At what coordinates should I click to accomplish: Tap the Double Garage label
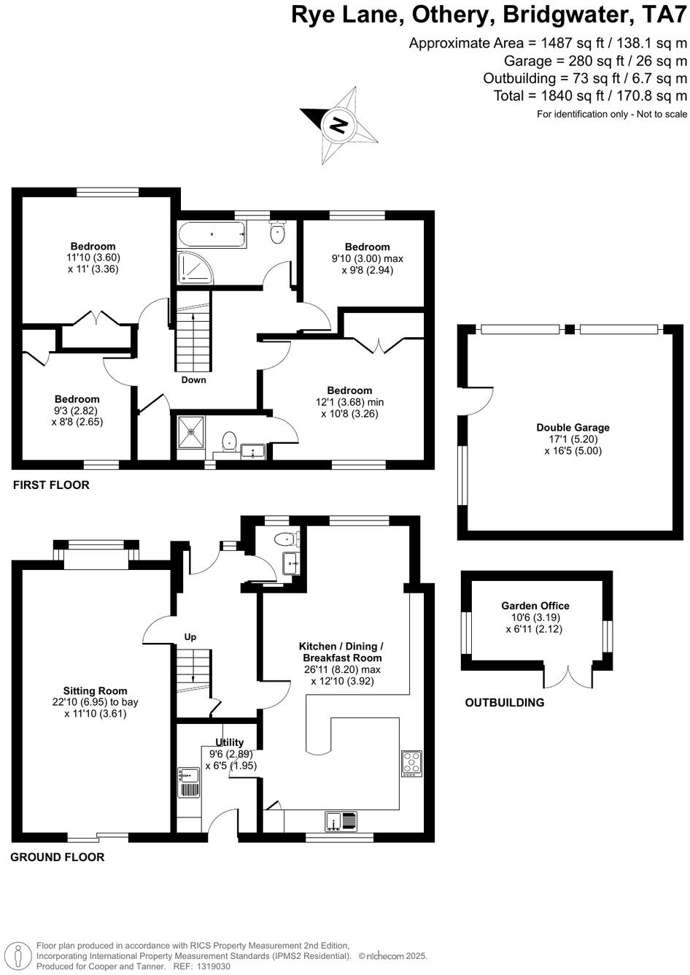573,428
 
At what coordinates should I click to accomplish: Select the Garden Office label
535,606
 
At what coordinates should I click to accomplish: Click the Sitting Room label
95,690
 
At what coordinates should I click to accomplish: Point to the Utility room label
229,742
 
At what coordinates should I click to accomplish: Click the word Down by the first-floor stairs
193,379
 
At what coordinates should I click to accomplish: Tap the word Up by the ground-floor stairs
190,637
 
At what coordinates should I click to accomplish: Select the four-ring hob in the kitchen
411,763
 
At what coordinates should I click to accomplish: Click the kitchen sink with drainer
341,821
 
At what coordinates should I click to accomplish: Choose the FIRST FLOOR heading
51,485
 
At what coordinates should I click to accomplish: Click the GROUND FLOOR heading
57,857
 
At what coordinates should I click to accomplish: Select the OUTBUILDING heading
505,703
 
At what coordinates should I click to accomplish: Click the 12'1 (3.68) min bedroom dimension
349,402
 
